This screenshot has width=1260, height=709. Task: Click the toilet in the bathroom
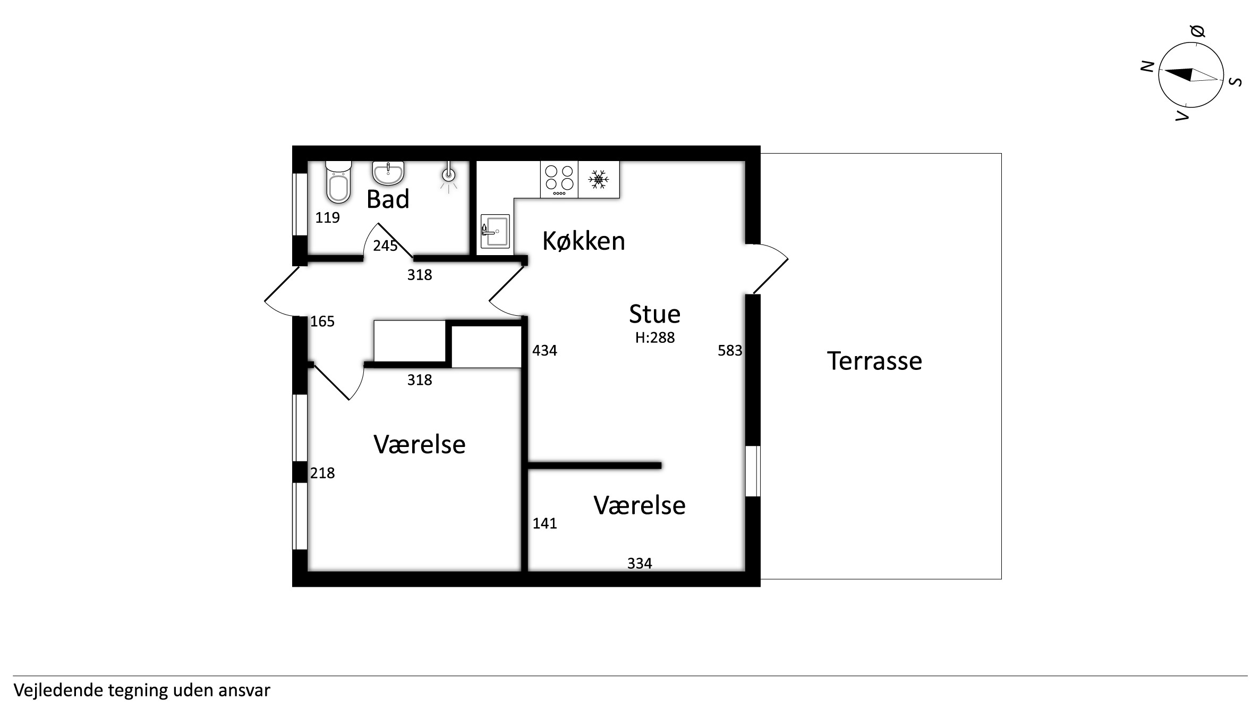(x=338, y=182)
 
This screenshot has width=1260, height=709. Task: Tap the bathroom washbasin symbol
(x=388, y=173)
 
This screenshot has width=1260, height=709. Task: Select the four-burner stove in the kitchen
(x=559, y=180)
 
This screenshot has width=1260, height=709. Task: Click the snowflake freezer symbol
(x=599, y=180)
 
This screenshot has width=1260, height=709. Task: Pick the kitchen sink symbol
(x=495, y=231)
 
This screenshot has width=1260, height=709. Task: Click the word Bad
(x=388, y=199)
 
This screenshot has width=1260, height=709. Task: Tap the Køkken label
(x=583, y=241)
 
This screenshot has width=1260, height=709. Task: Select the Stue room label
(x=654, y=314)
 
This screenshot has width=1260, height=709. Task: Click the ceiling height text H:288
(x=655, y=337)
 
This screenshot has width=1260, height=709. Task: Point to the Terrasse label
(x=874, y=361)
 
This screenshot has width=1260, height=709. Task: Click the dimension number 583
(x=730, y=350)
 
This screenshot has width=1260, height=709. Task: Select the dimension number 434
(x=544, y=350)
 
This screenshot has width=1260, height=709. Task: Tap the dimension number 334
(x=640, y=563)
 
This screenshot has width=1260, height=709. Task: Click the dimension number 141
(x=544, y=524)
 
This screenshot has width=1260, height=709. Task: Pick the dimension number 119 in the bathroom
(x=327, y=217)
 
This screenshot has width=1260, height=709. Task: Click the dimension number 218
(x=322, y=472)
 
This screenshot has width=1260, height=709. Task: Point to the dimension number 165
(x=322, y=322)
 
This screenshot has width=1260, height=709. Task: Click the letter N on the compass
(x=1148, y=66)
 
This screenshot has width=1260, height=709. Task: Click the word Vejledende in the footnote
(x=59, y=690)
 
